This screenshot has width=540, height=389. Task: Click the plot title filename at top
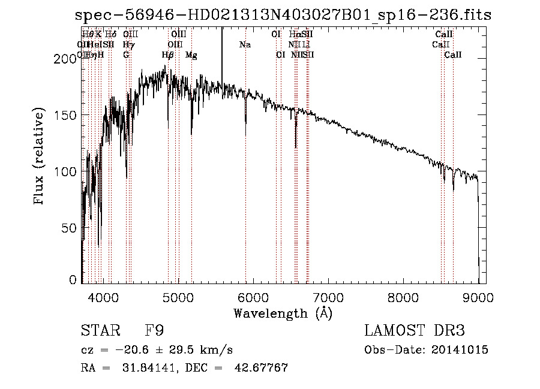point(283,16)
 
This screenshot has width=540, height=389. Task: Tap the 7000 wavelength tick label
point(328,297)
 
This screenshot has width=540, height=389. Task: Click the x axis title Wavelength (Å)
point(283,313)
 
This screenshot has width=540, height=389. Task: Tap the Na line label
point(245,44)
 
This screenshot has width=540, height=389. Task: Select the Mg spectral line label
point(191,55)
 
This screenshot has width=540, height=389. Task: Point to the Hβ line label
point(168,55)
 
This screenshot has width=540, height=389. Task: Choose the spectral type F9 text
point(154,331)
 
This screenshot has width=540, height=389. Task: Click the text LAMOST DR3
point(415,331)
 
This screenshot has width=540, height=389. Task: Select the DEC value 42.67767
point(262,368)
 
